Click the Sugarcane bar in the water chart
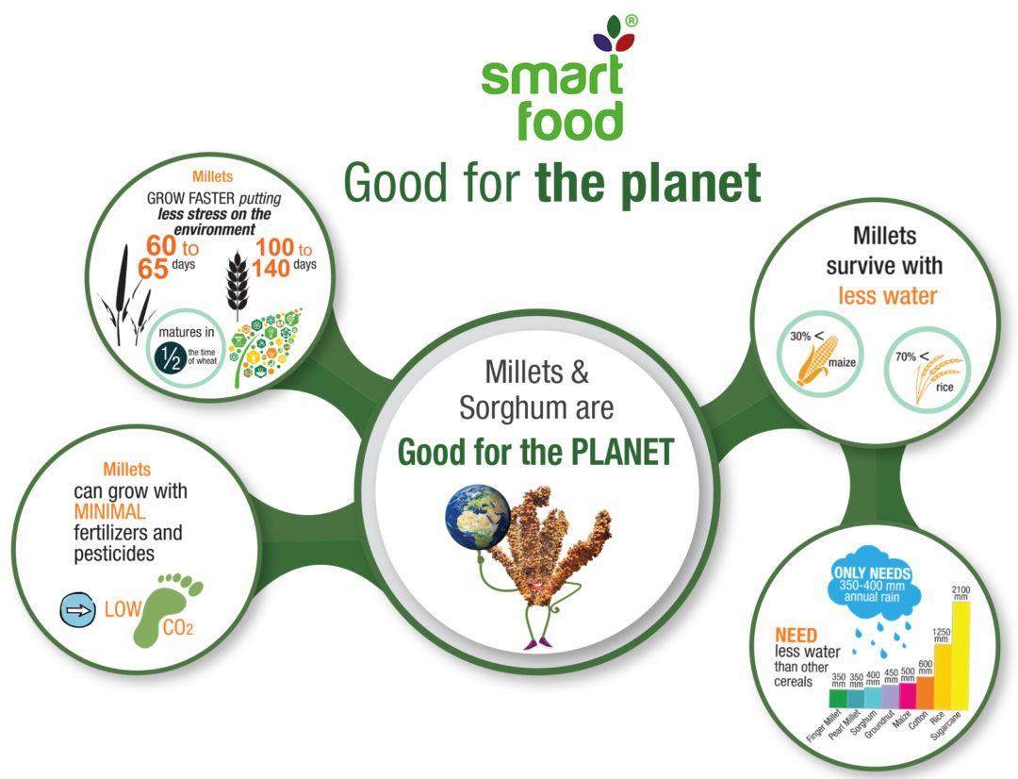coord(961,655)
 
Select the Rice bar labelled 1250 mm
coord(943,676)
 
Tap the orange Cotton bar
coord(926,692)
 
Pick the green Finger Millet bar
coord(838,699)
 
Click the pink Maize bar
coord(908,696)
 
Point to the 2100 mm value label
coord(961,592)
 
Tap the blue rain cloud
coord(872,587)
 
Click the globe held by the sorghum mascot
coord(478,517)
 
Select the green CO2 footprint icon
coord(168,610)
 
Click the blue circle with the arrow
coord(77,609)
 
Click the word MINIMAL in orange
coord(109,512)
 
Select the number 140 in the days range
coord(271,268)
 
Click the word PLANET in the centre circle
coord(622,452)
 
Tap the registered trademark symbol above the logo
coord(631,22)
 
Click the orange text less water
coord(888,295)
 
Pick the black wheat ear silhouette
coord(237,283)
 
